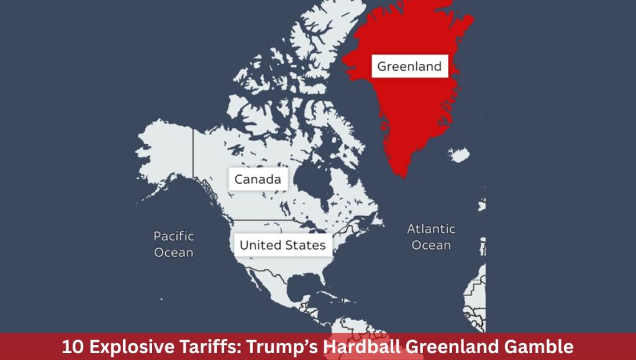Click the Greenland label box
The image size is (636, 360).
[410, 66]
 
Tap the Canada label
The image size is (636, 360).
[258, 180]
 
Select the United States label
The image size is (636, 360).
[283, 245]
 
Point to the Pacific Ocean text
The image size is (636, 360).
[174, 244]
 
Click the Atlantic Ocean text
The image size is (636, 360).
[431, 237]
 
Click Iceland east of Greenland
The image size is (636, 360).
[459, 155]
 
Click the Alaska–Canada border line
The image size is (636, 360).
[193, 158]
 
